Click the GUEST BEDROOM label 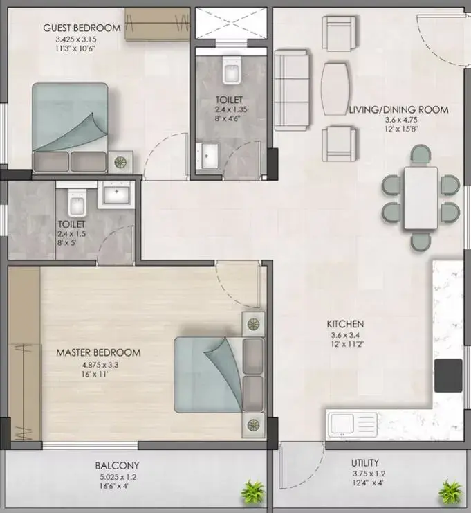(82, 28)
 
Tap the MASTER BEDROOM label (98, 352)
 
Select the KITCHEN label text (345, 324)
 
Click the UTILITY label (365, 463)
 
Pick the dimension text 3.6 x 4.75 (401, 120)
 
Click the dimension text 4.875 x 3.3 (100, 365)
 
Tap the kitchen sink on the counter (353, 424)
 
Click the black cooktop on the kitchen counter (448, 375)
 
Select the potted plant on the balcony (252, 491)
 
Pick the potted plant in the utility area (450, 492)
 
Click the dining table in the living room (421, 198)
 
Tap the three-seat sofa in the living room (292, 89)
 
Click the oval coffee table (335, 89)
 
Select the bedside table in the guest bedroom (120, 161)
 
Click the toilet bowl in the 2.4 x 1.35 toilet (232, 70)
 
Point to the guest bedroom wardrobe (157, 24)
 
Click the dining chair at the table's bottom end (421, 242)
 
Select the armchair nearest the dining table (339, 143)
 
